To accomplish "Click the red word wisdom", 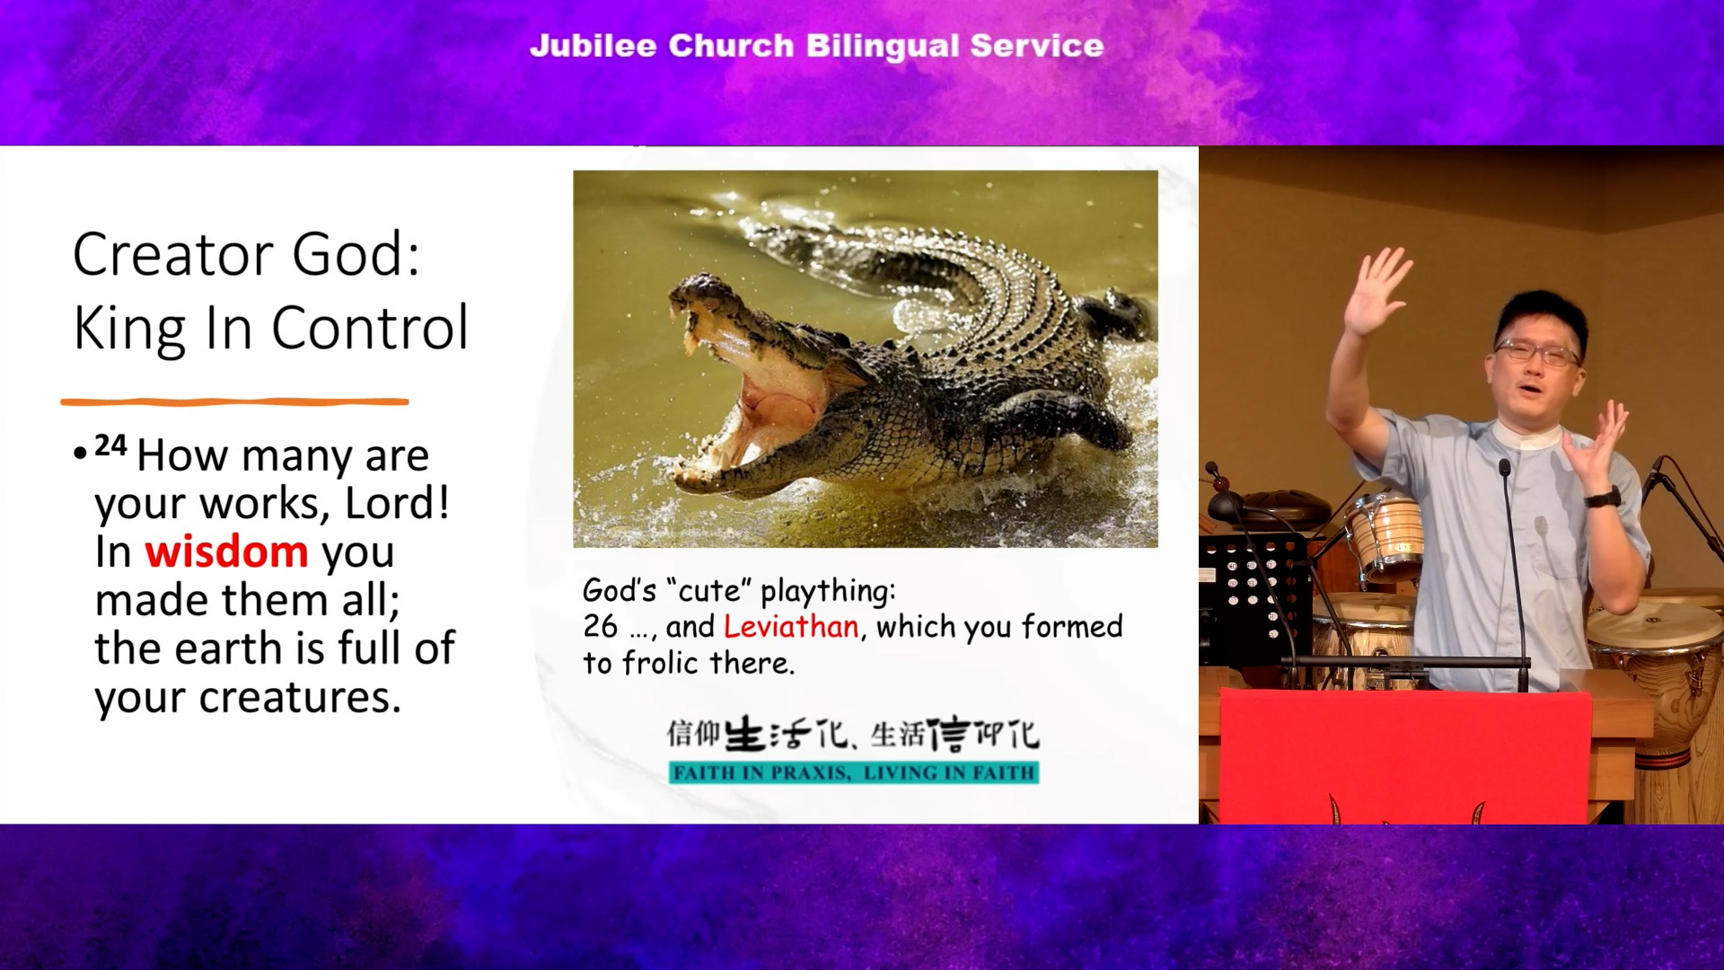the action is pos(226,551).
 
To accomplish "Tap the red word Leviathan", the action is pos(791,626).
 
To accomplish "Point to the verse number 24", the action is pos(110,445).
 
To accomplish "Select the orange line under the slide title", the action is pos(234,401).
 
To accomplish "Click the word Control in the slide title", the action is pos(370,327).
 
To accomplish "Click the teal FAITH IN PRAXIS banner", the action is pos(854,772).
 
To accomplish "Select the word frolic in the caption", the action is pos(660,663).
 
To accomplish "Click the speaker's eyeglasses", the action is pos(1536,352).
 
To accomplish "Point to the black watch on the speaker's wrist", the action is pos(1602,497).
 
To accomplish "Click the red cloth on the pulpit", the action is pos(1405,756).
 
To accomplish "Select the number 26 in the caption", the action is pos(601,626).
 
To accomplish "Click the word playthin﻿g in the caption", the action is pos(828,592).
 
